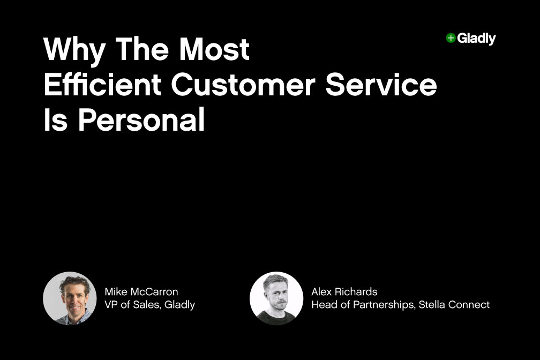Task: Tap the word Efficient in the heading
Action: [102, 86]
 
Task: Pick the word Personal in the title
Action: [142, 122]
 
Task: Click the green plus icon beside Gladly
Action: [451, 38]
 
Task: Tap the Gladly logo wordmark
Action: [476, 39]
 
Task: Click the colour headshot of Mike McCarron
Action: [70, 298]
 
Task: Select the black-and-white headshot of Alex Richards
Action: [276, 298]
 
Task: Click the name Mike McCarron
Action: [141, 292]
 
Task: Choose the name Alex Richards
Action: [344, 292]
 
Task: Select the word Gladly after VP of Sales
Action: [179, 305]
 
